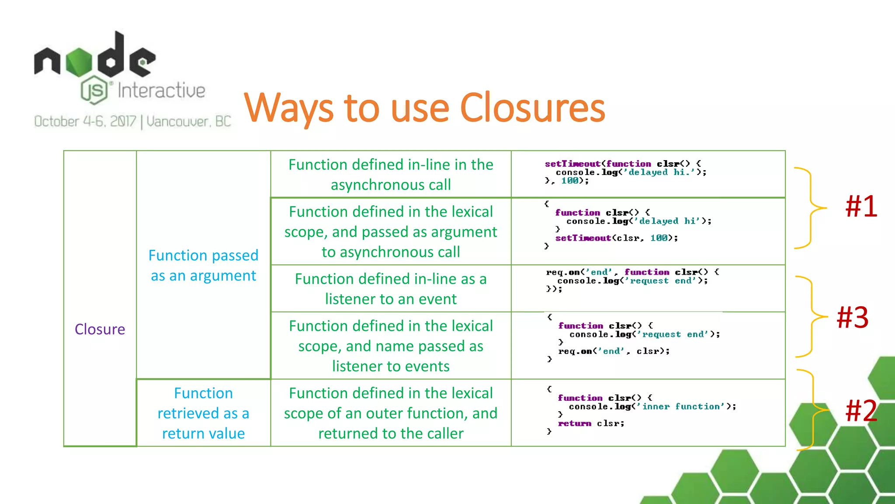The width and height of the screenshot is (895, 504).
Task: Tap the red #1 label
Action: pos(861,206)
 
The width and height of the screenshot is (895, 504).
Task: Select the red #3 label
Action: pos(852,317)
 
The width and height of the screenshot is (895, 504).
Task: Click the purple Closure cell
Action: pos(100,329)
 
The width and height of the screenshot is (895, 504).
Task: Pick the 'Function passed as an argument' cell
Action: pos(203,265)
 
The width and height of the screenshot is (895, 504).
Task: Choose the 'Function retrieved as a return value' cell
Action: pos(203,413)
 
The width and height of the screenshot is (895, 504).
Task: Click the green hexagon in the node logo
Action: pos(80,61)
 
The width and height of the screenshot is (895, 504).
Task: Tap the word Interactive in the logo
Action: pos(161,91)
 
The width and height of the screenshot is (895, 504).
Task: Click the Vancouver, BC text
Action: pos(188,122)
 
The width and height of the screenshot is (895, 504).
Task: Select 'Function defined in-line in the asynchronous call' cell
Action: pos(391,174)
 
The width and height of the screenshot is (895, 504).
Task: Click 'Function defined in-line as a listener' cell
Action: pos(391,289)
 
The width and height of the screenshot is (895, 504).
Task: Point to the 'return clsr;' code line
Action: pos(591,423)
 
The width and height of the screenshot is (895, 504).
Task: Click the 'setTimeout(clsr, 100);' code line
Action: pos(616,238)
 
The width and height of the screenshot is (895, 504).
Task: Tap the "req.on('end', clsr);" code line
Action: pos(614,351)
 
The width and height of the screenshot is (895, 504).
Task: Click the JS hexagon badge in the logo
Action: pos(94,90)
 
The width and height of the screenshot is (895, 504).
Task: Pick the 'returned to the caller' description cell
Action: pos(391,413)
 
